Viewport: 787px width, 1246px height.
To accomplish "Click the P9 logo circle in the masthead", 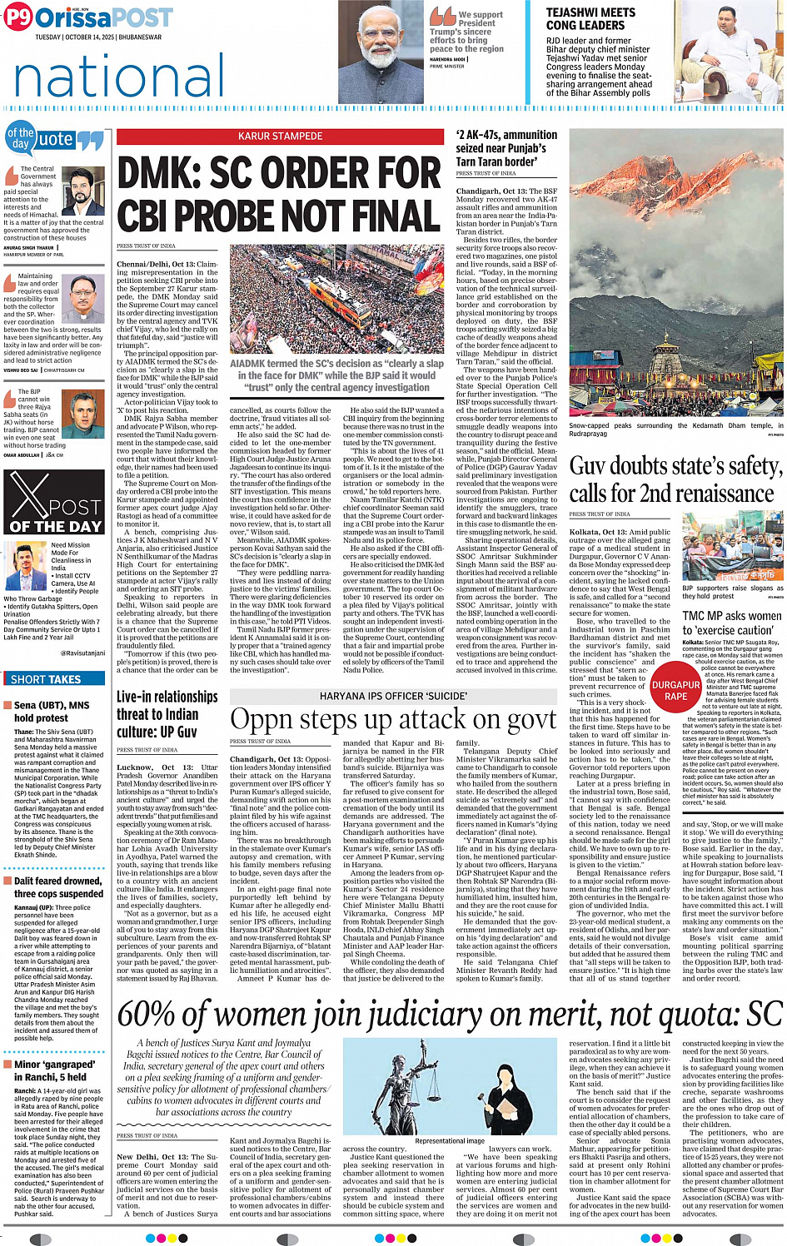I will pos(18,18).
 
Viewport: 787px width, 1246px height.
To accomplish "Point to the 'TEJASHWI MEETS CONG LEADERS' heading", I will pos(590,19).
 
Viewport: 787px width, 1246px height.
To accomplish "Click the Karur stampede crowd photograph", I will pos(337,300).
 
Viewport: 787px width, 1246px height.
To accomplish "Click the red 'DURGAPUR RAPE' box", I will pos(675,690).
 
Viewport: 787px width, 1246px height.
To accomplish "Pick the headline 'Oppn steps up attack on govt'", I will pos(393,719).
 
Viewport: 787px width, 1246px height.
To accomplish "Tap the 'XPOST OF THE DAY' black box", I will pos(54,502).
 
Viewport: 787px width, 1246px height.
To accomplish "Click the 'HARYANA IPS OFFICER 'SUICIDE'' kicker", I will pos(393,696).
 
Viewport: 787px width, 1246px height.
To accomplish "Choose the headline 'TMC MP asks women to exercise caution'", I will pos(731,623).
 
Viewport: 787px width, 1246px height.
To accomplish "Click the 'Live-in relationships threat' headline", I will pos(168,714).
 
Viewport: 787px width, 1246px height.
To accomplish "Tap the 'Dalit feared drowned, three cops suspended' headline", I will pos(58,887).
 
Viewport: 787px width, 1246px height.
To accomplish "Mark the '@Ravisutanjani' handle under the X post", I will pos(82,653).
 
